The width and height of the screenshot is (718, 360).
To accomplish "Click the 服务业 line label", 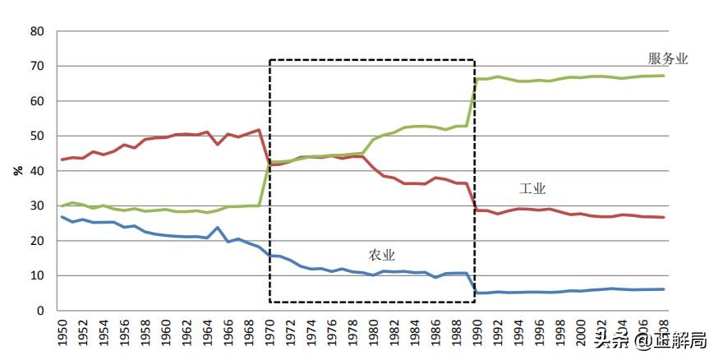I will pos(667,58).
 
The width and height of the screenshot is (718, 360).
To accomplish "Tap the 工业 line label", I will pos(532,188).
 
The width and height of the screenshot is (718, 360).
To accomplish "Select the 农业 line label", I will pos(381,255).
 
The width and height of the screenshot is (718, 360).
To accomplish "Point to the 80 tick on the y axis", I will pos(37,31).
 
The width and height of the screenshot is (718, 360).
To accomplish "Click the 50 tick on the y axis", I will pos(37,136).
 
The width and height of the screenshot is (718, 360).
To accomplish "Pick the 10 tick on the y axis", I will pos(37,276).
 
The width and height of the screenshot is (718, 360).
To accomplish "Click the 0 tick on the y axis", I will pos(40,312).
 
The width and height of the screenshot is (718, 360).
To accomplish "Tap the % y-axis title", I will pos(17,171).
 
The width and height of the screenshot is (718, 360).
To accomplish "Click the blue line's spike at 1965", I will pos(217,228).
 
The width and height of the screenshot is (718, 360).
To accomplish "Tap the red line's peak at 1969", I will pos(259,130).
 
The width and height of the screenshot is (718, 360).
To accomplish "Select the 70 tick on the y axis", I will pos(37,67).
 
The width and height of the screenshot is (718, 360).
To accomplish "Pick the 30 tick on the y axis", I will pos(37,206).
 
